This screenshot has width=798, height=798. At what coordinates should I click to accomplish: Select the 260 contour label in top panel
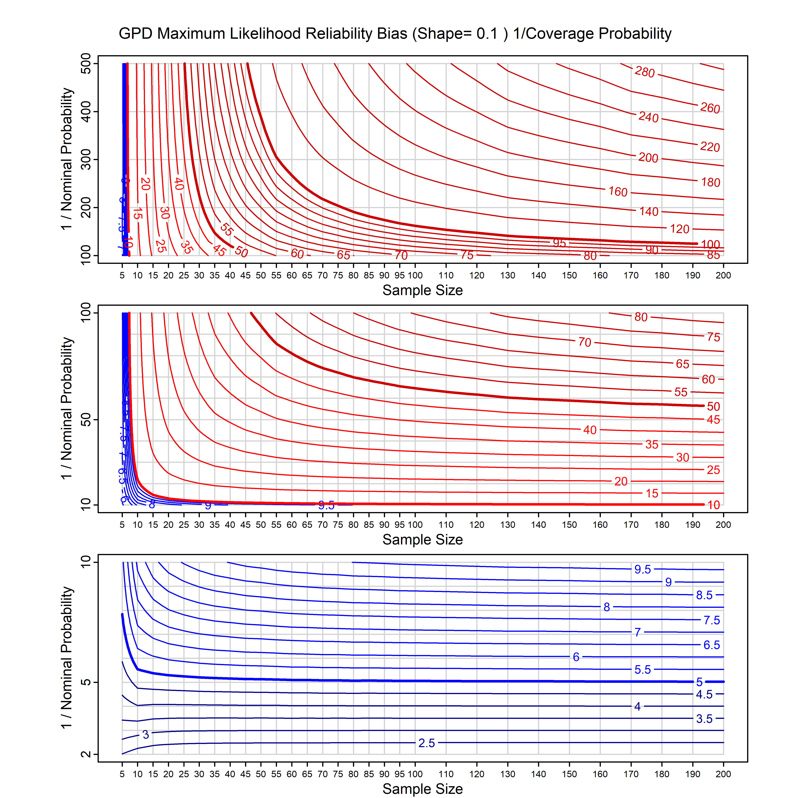(x=710, y=108)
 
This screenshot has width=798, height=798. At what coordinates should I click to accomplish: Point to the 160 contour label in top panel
(x=618, y=192)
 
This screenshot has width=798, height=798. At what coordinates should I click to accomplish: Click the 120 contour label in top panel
(x=679, y=229)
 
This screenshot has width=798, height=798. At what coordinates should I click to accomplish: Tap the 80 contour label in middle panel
(x=641, y=317)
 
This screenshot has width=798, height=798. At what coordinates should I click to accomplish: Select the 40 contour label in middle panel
(x=590, y=430)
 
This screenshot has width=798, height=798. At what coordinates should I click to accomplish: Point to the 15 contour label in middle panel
(x=652, y=493)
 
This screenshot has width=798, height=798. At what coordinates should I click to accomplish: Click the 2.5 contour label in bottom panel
(x=427, y=743)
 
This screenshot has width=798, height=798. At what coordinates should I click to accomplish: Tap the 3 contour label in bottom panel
(x=145, y=734)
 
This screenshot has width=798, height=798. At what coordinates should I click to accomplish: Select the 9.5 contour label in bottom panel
(x=643, y=570)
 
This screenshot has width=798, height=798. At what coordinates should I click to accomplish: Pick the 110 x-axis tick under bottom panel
(x=446, y=774)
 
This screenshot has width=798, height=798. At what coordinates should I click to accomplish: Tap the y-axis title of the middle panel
(x=67, y=409)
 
